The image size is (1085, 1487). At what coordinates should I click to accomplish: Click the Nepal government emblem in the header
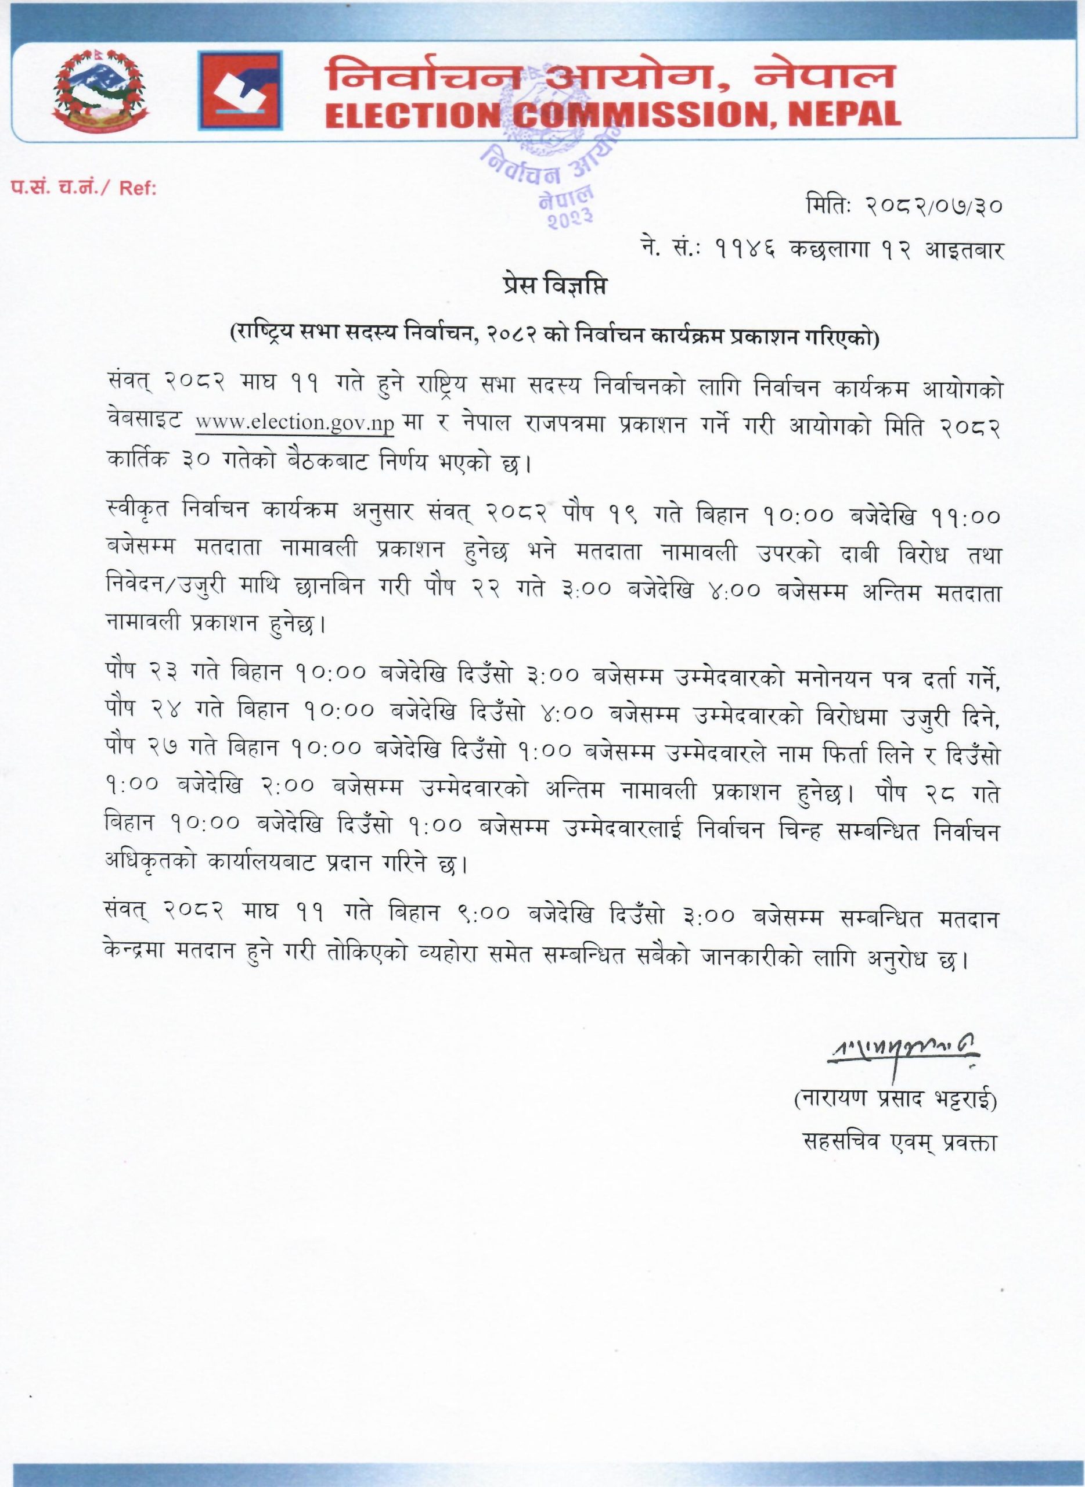[x=100, y=91]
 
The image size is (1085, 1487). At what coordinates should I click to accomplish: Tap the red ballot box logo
[x=241, y=91]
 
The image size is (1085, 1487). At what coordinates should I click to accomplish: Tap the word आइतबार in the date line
[x=964, y=250]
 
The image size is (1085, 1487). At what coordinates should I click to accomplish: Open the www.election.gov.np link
[x=294, y=422]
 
